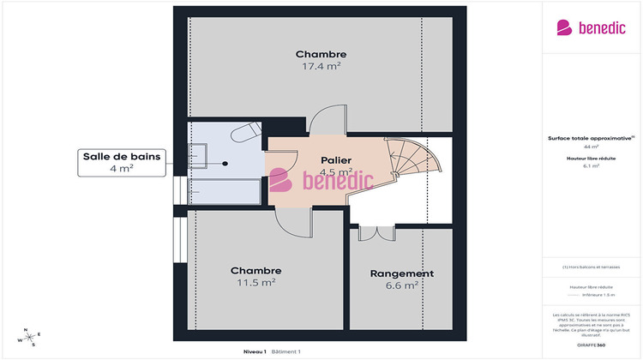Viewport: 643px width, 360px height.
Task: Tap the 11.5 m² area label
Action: click(x=255, y=282)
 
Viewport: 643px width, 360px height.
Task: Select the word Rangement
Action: click(x=401, y=273)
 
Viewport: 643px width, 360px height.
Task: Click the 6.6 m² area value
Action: click(x=401, y=285)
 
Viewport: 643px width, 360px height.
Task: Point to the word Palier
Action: click(x=336, y=159)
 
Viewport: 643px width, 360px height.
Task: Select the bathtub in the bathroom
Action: click(x=223, y=191)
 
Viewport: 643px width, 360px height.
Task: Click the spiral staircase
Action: click(x=412, y=164)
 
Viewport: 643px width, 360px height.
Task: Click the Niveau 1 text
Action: click(x=255, y=351)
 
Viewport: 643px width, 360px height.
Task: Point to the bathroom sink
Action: click(x=198, y=154)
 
